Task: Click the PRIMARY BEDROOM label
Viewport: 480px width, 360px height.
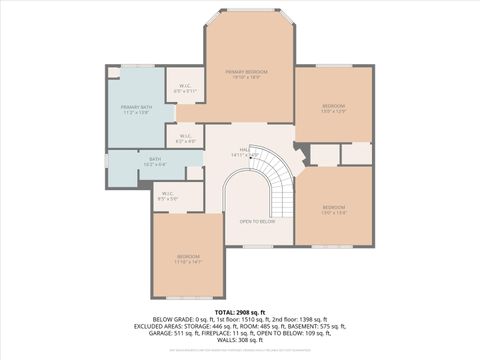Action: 246,72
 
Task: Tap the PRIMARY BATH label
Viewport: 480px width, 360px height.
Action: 135,107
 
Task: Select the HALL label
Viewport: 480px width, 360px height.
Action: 244,149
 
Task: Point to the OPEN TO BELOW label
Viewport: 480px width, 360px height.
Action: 257,221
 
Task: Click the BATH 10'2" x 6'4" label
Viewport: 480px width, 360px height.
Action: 155,161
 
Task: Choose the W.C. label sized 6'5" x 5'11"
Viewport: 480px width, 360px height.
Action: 186,88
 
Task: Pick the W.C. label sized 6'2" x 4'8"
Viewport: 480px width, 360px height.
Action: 186,136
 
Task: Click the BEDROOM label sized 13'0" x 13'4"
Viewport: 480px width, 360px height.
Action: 333,210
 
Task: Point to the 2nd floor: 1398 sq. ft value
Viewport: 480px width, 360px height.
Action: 300,320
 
